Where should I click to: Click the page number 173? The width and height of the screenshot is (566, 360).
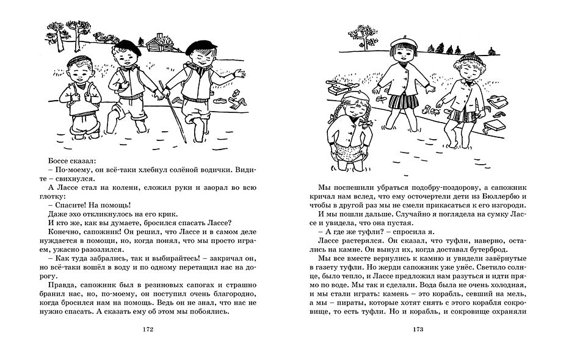418,331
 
